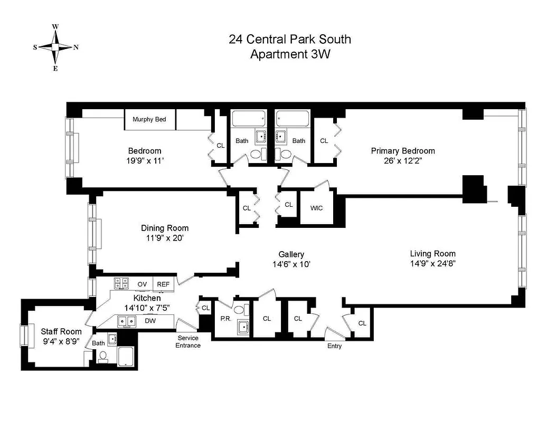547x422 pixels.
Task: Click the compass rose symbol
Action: click(x=55, y=47)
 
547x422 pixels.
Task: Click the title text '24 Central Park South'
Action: click(x=289, y=39)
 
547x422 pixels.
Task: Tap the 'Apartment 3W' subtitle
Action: click(x=289, y=54)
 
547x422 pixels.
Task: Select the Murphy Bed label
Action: click(x=149, y=120)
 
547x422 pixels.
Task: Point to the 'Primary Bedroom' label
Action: click(x=403, y=151)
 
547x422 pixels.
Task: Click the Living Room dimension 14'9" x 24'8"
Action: click(x=432, y=263)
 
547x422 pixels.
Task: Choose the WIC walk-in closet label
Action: click(x=316, y=208)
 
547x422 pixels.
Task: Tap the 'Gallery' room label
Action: click(x=291, y=254)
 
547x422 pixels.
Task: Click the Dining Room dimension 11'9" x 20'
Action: click(x=164, y=238)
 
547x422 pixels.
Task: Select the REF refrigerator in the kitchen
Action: click(x=163, y=284)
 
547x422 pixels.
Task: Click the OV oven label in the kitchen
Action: click(x=142, y=284)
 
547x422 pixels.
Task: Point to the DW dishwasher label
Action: click(x=150, y=320)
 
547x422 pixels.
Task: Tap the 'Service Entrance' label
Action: click(x=188, y=341)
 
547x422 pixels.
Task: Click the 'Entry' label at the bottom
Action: click(x=334, y=346)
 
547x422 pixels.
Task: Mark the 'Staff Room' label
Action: click(x=61, y=331)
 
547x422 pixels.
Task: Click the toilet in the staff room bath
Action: click(x=102, y=357)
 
